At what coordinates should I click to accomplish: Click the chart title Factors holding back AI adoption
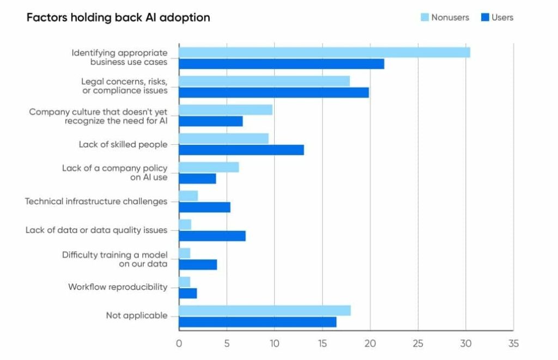tap(118, 17)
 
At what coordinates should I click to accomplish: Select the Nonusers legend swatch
tap(424, 17)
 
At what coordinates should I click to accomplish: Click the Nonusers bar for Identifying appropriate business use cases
tap(324, 52)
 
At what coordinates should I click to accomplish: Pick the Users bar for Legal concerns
tap(274, 93)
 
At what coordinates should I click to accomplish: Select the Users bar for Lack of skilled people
tap(241, 150)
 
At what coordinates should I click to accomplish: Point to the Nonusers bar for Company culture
tap(226, 110)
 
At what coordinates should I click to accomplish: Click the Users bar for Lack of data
tap(212, 236)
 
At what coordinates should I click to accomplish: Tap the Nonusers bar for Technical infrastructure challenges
tap(188, 196)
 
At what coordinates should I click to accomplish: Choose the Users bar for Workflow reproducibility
tap(187, 294)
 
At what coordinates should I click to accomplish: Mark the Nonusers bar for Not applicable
tap(264, 310)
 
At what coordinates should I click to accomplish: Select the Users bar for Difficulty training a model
tap(198, 265)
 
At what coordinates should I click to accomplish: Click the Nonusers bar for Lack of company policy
tap(209, 167)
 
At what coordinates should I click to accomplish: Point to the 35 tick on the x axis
tap(513, 344)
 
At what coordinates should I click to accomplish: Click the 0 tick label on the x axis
tap(179, 344)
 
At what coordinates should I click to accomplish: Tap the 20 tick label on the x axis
tap(370, 344)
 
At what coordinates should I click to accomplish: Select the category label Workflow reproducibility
tap(118, 287)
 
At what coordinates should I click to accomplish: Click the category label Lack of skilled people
tap(123, 144)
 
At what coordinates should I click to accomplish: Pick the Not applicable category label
tap(136, 315)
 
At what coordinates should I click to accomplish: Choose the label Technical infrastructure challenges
tap(96, 202)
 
